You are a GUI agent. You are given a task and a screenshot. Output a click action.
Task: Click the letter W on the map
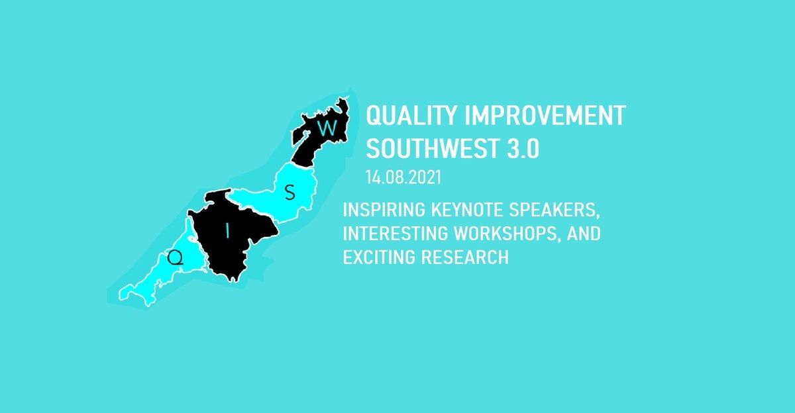click(x=327, y=128)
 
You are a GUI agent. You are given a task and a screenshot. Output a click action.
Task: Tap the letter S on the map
click(x=290, y=193)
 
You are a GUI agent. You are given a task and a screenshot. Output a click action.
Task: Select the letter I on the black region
click(x=228, y=231)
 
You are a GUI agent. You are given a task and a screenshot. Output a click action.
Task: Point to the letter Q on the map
click(x=176, y=257)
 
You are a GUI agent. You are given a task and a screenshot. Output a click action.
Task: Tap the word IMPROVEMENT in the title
click(x=545, y=115)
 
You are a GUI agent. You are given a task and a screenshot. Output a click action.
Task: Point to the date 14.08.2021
click(x=403, y=177)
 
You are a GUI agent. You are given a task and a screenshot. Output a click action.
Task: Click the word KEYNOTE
click(x=467, y=210)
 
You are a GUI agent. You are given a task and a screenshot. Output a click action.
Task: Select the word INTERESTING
click(x=396, y=234)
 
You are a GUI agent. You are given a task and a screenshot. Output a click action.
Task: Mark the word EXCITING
click(x=379, y=257)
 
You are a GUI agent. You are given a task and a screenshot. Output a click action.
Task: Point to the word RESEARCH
click(x=465, y=257)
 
